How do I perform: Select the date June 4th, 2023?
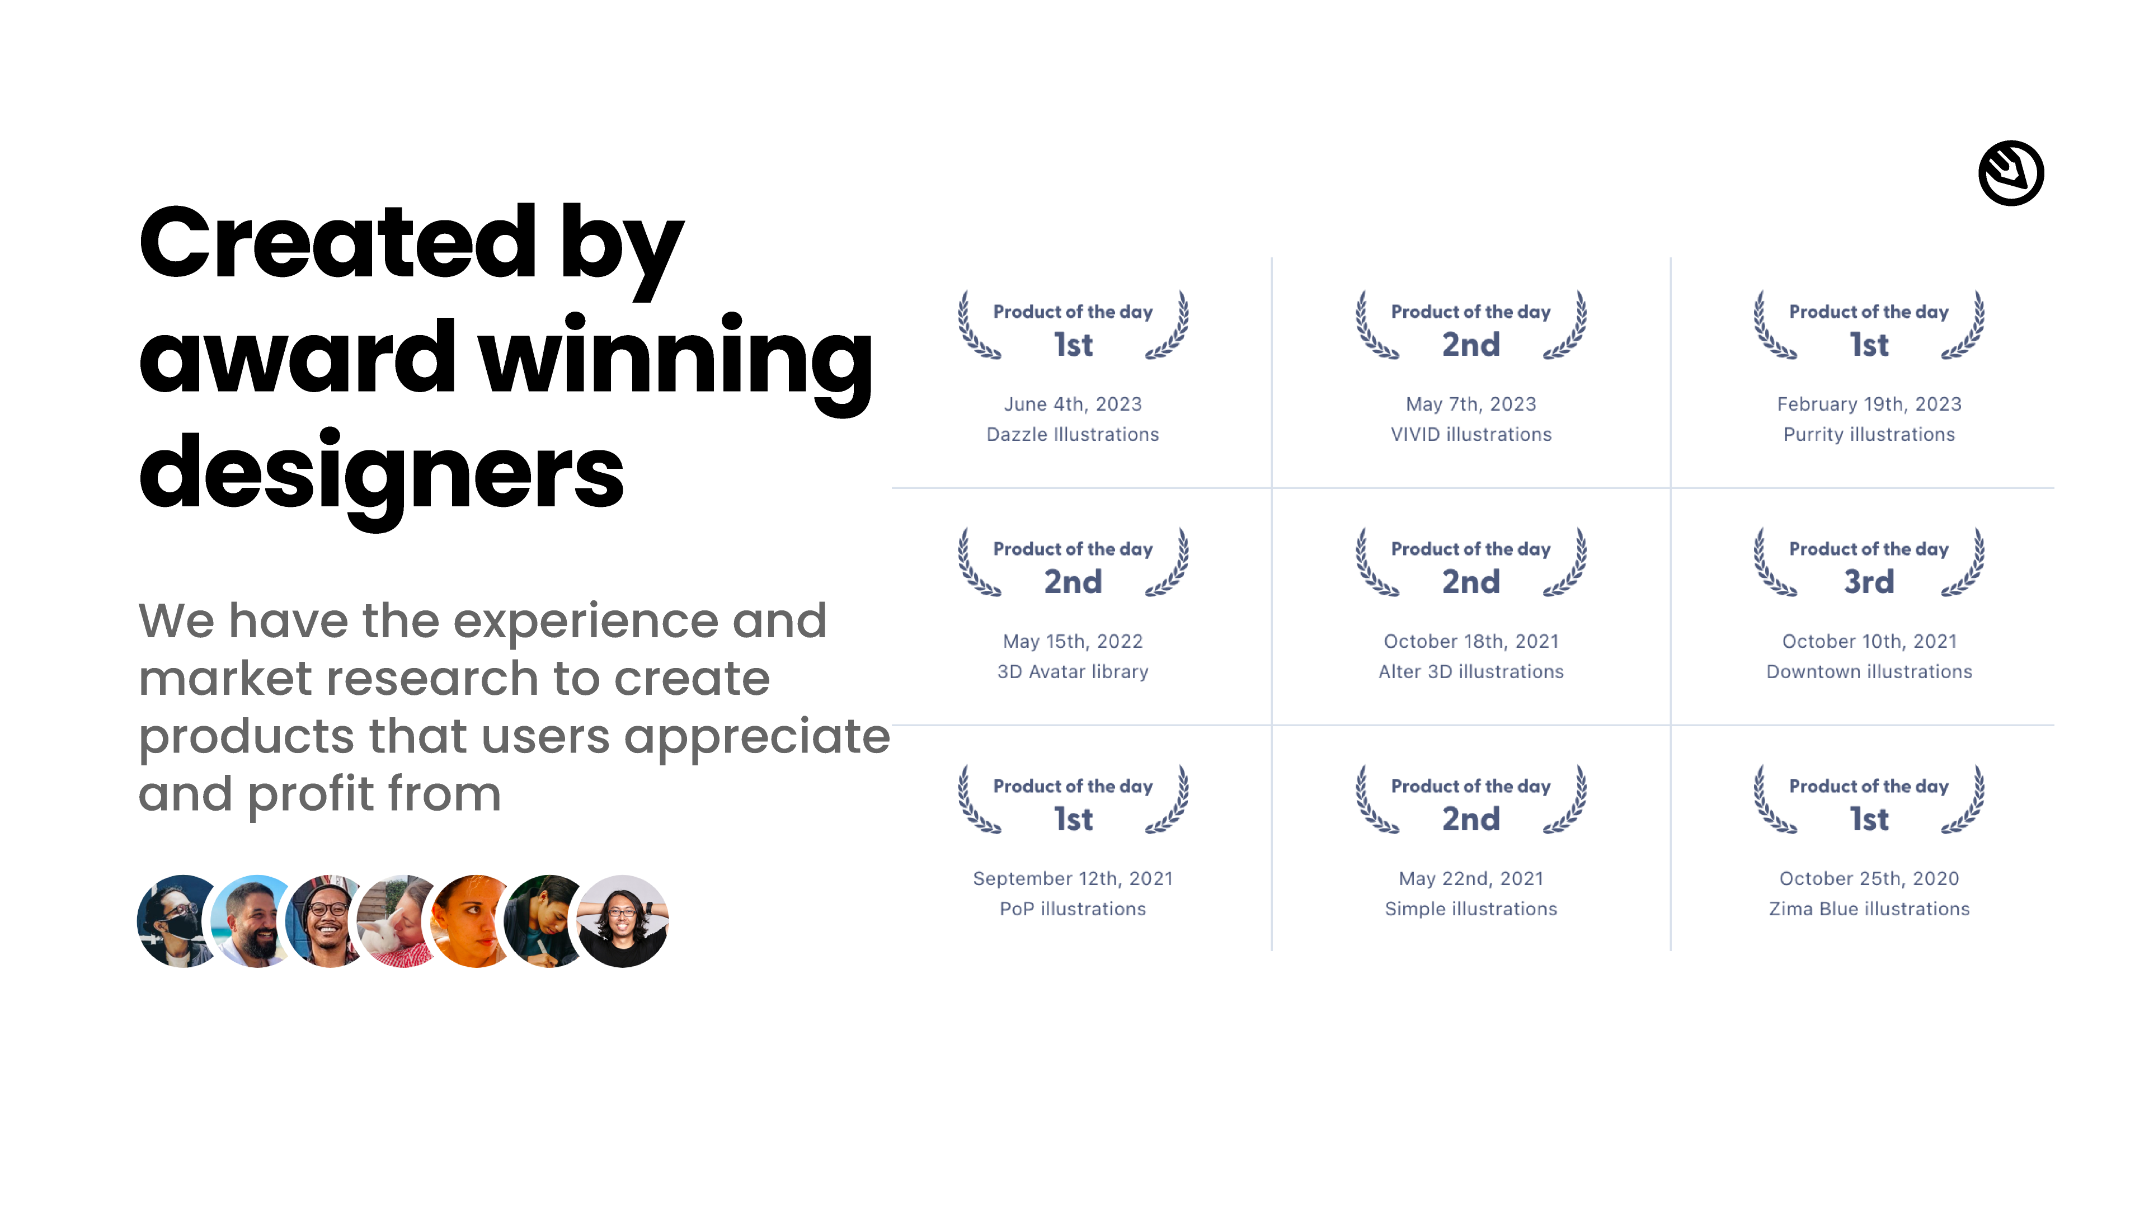tap(1073, 404)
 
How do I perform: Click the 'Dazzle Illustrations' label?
tap(1073, 435)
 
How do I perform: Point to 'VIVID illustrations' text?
tap(1471, 435)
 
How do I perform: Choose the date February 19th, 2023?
tap(1869, 404)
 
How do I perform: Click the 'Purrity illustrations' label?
tap(1869, 435)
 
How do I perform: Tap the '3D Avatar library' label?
tap(1073, 672)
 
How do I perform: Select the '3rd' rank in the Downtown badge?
tap(1869, 581)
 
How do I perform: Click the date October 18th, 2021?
tap(1471, 642)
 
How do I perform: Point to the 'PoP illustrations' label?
tap(1073, 909)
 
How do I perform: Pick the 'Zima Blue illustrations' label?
tap(1869, 909)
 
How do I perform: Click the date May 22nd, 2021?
tap(1471, 878)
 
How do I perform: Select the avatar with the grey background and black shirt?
tap(622, 921)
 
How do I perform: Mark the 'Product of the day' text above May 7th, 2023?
tap(1471, 312)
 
